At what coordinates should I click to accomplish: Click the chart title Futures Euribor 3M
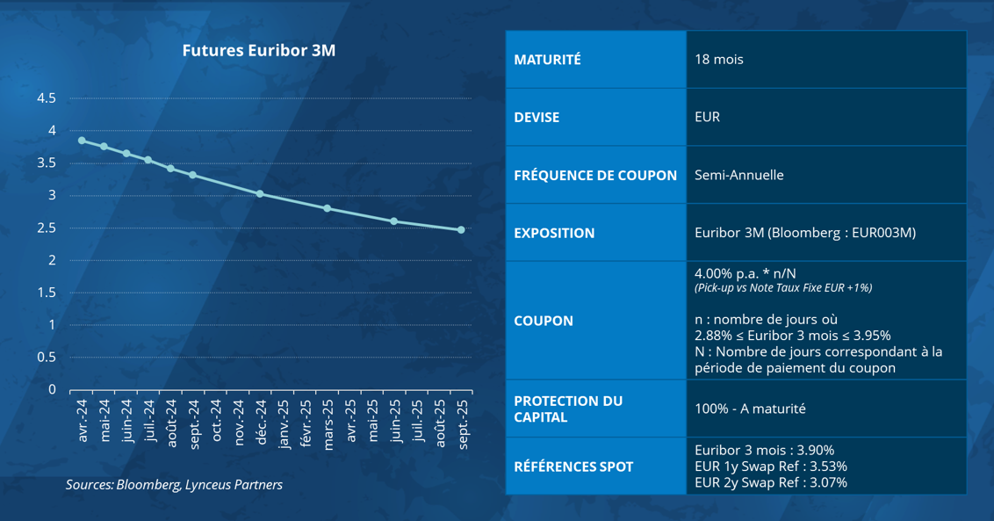click(x=258, y=51)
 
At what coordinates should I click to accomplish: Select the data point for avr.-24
click(x=82, y=141)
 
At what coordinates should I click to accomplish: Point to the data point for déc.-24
click(x=260, y=193)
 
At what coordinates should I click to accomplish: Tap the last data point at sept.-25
click(x=461, y=230)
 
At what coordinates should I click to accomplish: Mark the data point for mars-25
click(x=327, y=208)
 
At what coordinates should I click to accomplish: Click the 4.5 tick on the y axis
click(x=47, y=98)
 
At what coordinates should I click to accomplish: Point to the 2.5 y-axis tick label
click(x=47, y=228)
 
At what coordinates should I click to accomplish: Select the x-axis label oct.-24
click(x=216, y=426)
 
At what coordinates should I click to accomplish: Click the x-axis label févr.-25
click(x=306, y=425)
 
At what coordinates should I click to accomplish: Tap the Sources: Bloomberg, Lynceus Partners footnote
click(x=174, y=485)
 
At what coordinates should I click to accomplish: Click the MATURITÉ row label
click(x=547, y=60)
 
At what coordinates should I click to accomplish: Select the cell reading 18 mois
click(x=718, y=60)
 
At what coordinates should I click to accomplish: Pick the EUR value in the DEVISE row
click(x=707, y=117)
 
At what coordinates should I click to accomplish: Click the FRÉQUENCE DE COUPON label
click(x=595, y=175)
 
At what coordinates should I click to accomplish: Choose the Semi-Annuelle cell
click(x=738, y=175)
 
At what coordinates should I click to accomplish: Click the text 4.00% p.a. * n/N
click(x=751, y=273)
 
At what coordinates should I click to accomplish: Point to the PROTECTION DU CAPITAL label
click(x=568, y=409)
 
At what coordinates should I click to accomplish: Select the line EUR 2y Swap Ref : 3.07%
click(x=770, y=482)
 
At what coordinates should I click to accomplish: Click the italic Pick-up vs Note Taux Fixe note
click(x=782, y=288)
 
